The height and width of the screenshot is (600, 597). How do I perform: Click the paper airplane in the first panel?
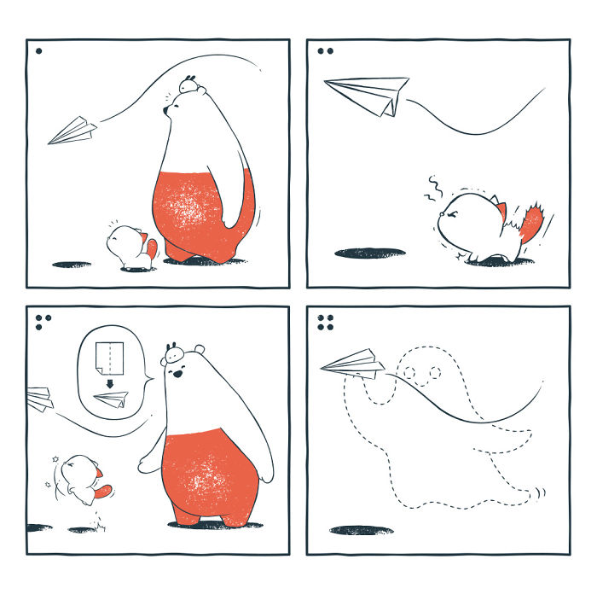click(73, 131)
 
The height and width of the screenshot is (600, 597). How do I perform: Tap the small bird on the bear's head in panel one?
click(190, 84)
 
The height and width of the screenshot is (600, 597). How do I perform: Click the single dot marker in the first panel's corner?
click(38, 51)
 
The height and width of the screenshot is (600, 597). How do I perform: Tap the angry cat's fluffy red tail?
click(531, 224)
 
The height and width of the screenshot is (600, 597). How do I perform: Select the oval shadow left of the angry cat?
click(369, 253)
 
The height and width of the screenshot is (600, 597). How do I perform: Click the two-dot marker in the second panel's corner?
click(325, 51)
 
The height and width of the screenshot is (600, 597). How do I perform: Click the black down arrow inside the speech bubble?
click(108, 386)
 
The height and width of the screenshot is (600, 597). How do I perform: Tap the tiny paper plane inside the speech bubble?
click(111, 399)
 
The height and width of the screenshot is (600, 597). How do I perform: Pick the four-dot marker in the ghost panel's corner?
click(325, 322)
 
